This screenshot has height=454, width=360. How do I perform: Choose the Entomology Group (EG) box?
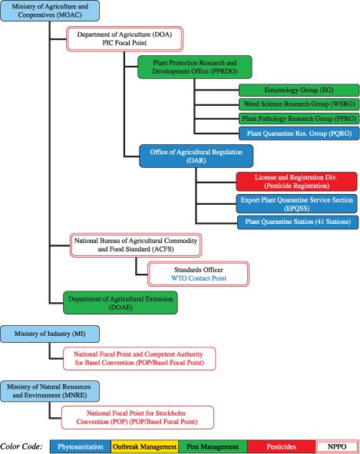[x=276, y=90]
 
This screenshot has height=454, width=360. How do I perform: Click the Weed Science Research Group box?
[x=276, y=104]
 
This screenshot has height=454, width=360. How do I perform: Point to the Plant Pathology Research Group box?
[x=276, y=118]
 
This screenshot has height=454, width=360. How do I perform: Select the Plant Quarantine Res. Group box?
[x=276, y=133]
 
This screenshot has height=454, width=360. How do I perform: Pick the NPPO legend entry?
[x=336, y=446]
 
